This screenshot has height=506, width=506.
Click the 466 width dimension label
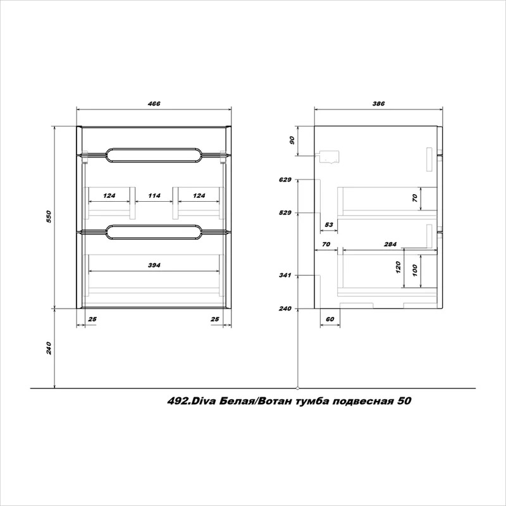tap(154, 104)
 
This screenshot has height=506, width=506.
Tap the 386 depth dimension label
tap(378, 104)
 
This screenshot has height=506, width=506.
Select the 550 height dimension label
tap(49, 217)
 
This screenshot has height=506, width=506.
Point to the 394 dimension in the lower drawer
tap(154, 265)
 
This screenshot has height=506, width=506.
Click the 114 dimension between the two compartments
tap(154, 195)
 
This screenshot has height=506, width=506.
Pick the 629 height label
tap(285, 180)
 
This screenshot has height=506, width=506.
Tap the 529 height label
tap(285, 213)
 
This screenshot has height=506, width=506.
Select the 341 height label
tap(285, 275)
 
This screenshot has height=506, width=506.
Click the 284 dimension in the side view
tap(390, 244)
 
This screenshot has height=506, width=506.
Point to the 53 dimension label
tap(329, 225)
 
